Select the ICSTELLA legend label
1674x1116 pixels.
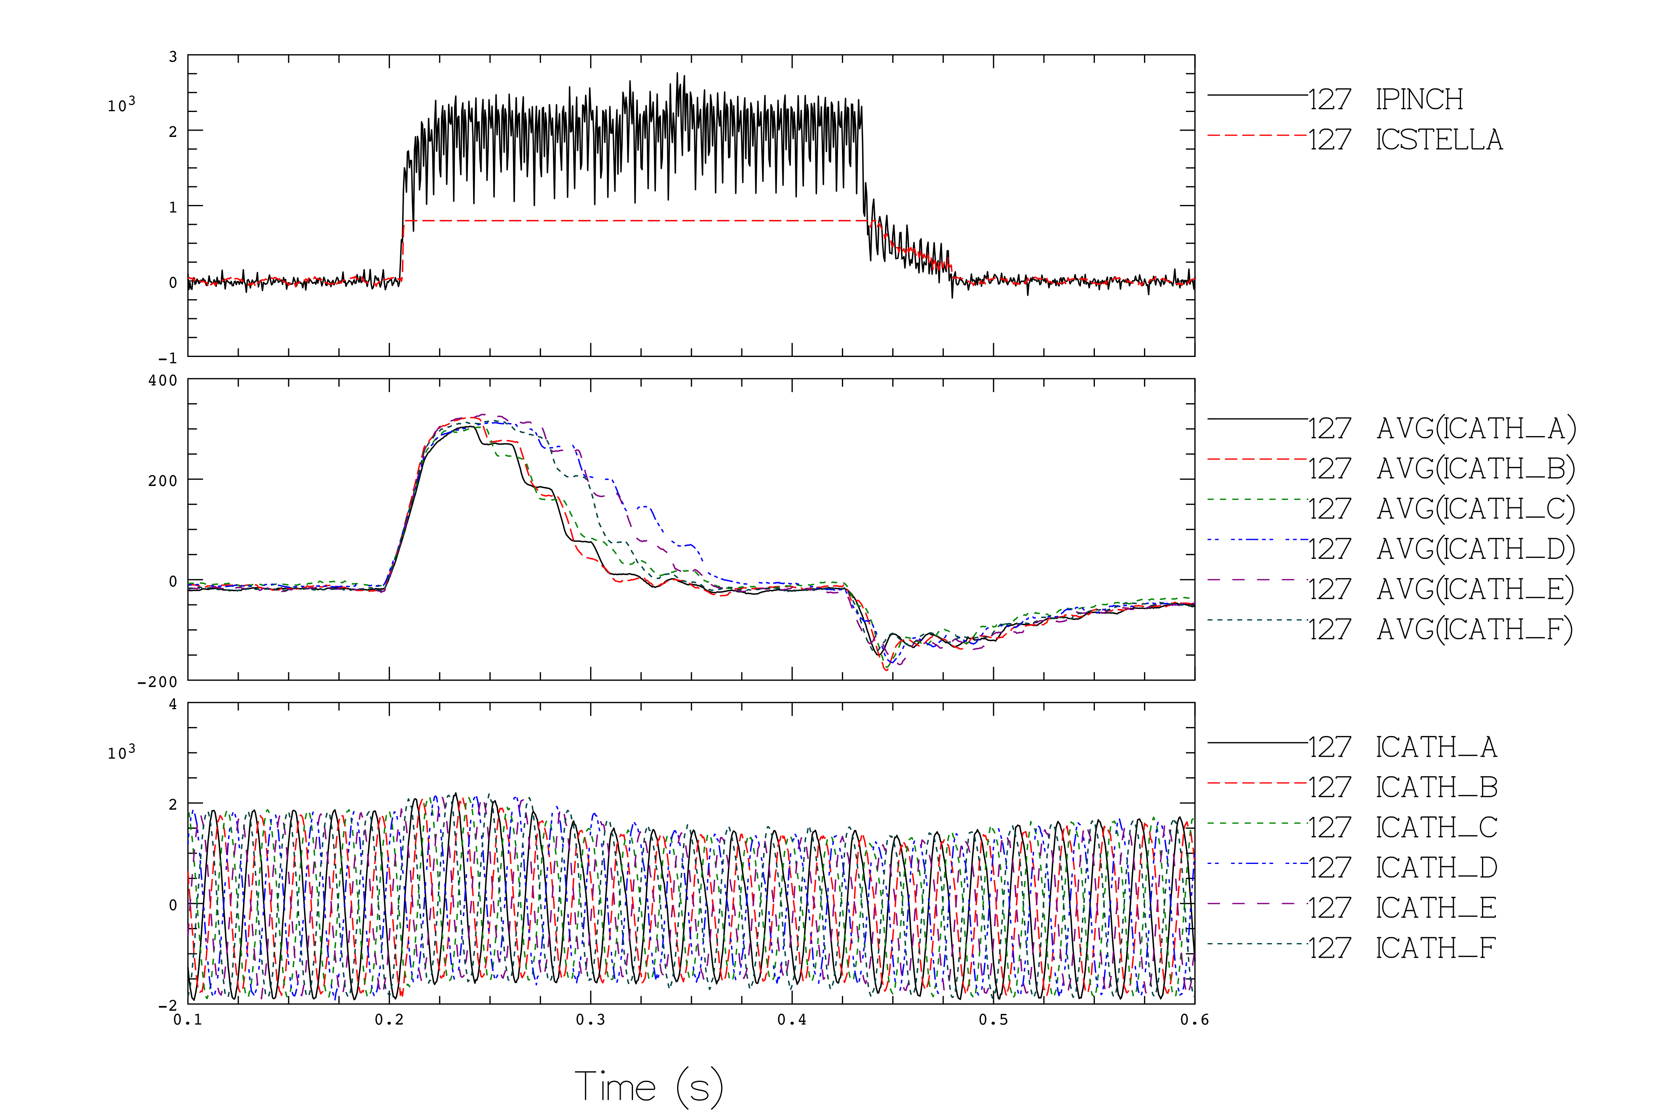click(x=1438, y=139)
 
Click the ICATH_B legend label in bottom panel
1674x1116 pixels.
click(x=1436, y=787)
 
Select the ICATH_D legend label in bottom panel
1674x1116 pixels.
click(x=1436, y=867)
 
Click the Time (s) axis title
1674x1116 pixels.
click(x=648, y=1087)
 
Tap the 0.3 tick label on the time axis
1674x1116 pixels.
click(x=590, y=1020)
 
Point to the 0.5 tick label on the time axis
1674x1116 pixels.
click(x=993, y=1020)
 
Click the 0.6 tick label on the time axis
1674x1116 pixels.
click(x=1194, y=1020)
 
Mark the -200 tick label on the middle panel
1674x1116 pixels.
click(x=157, y=682)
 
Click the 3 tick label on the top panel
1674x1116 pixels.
click(x=173, y=57)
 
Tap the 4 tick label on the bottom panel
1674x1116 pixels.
click(x=173, y=704)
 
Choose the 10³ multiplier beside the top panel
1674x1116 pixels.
click(x=121, y=104)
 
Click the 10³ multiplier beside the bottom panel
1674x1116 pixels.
click(x=121, y=752)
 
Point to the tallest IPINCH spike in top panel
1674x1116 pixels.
click(x=678, y=73)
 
